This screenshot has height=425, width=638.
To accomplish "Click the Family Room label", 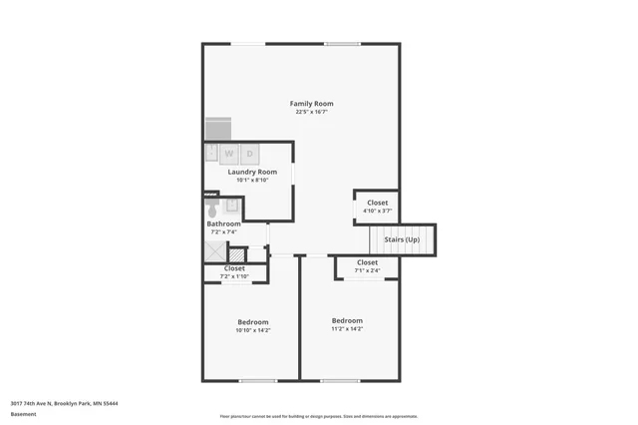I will point(311,104).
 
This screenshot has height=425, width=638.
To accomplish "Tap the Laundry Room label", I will point(252,172).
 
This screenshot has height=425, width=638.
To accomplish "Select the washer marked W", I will point(228,154).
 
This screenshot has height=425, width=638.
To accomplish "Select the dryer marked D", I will point(250,154).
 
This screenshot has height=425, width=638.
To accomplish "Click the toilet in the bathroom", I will point(211,209).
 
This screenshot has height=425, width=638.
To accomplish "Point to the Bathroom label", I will point(223,223).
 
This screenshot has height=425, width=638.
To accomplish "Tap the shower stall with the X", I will point(215,253).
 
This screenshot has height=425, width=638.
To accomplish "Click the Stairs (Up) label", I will point(402,240).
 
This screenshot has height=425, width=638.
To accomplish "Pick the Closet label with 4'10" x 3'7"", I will point(377,203).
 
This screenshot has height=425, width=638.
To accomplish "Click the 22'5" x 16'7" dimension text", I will point(311,112).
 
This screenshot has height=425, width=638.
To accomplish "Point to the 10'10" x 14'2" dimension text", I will point(252,330).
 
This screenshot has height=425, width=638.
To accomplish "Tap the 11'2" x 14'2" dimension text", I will point(347,328).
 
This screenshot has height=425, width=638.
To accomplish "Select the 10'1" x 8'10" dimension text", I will point(252,181).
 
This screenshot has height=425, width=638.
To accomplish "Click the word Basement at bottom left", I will point(23,412).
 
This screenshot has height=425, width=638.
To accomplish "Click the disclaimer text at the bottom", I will point(319,416).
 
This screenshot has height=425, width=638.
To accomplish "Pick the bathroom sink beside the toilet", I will point(232,206).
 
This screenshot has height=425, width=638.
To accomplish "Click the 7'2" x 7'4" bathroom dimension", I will point(223,232).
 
